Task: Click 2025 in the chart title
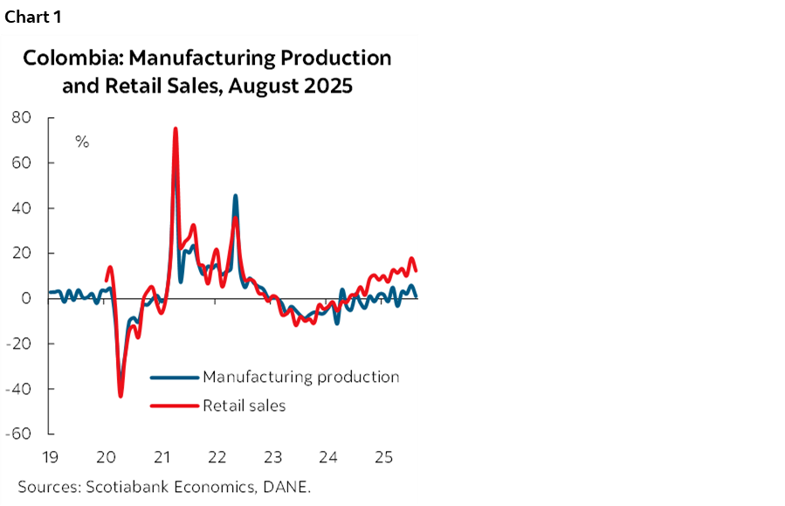327,87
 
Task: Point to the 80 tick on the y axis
21,117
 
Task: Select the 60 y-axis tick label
21,163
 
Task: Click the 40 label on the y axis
21,208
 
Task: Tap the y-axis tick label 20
21,253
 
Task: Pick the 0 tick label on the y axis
26,299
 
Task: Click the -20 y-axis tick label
18,343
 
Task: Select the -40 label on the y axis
18,389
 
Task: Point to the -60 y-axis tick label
18,434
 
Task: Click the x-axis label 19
50,457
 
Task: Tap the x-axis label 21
162,457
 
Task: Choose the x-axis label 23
272,457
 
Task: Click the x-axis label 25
383,457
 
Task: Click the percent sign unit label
82,142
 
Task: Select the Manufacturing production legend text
300,378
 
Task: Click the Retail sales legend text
244,405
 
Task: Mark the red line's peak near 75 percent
176,129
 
